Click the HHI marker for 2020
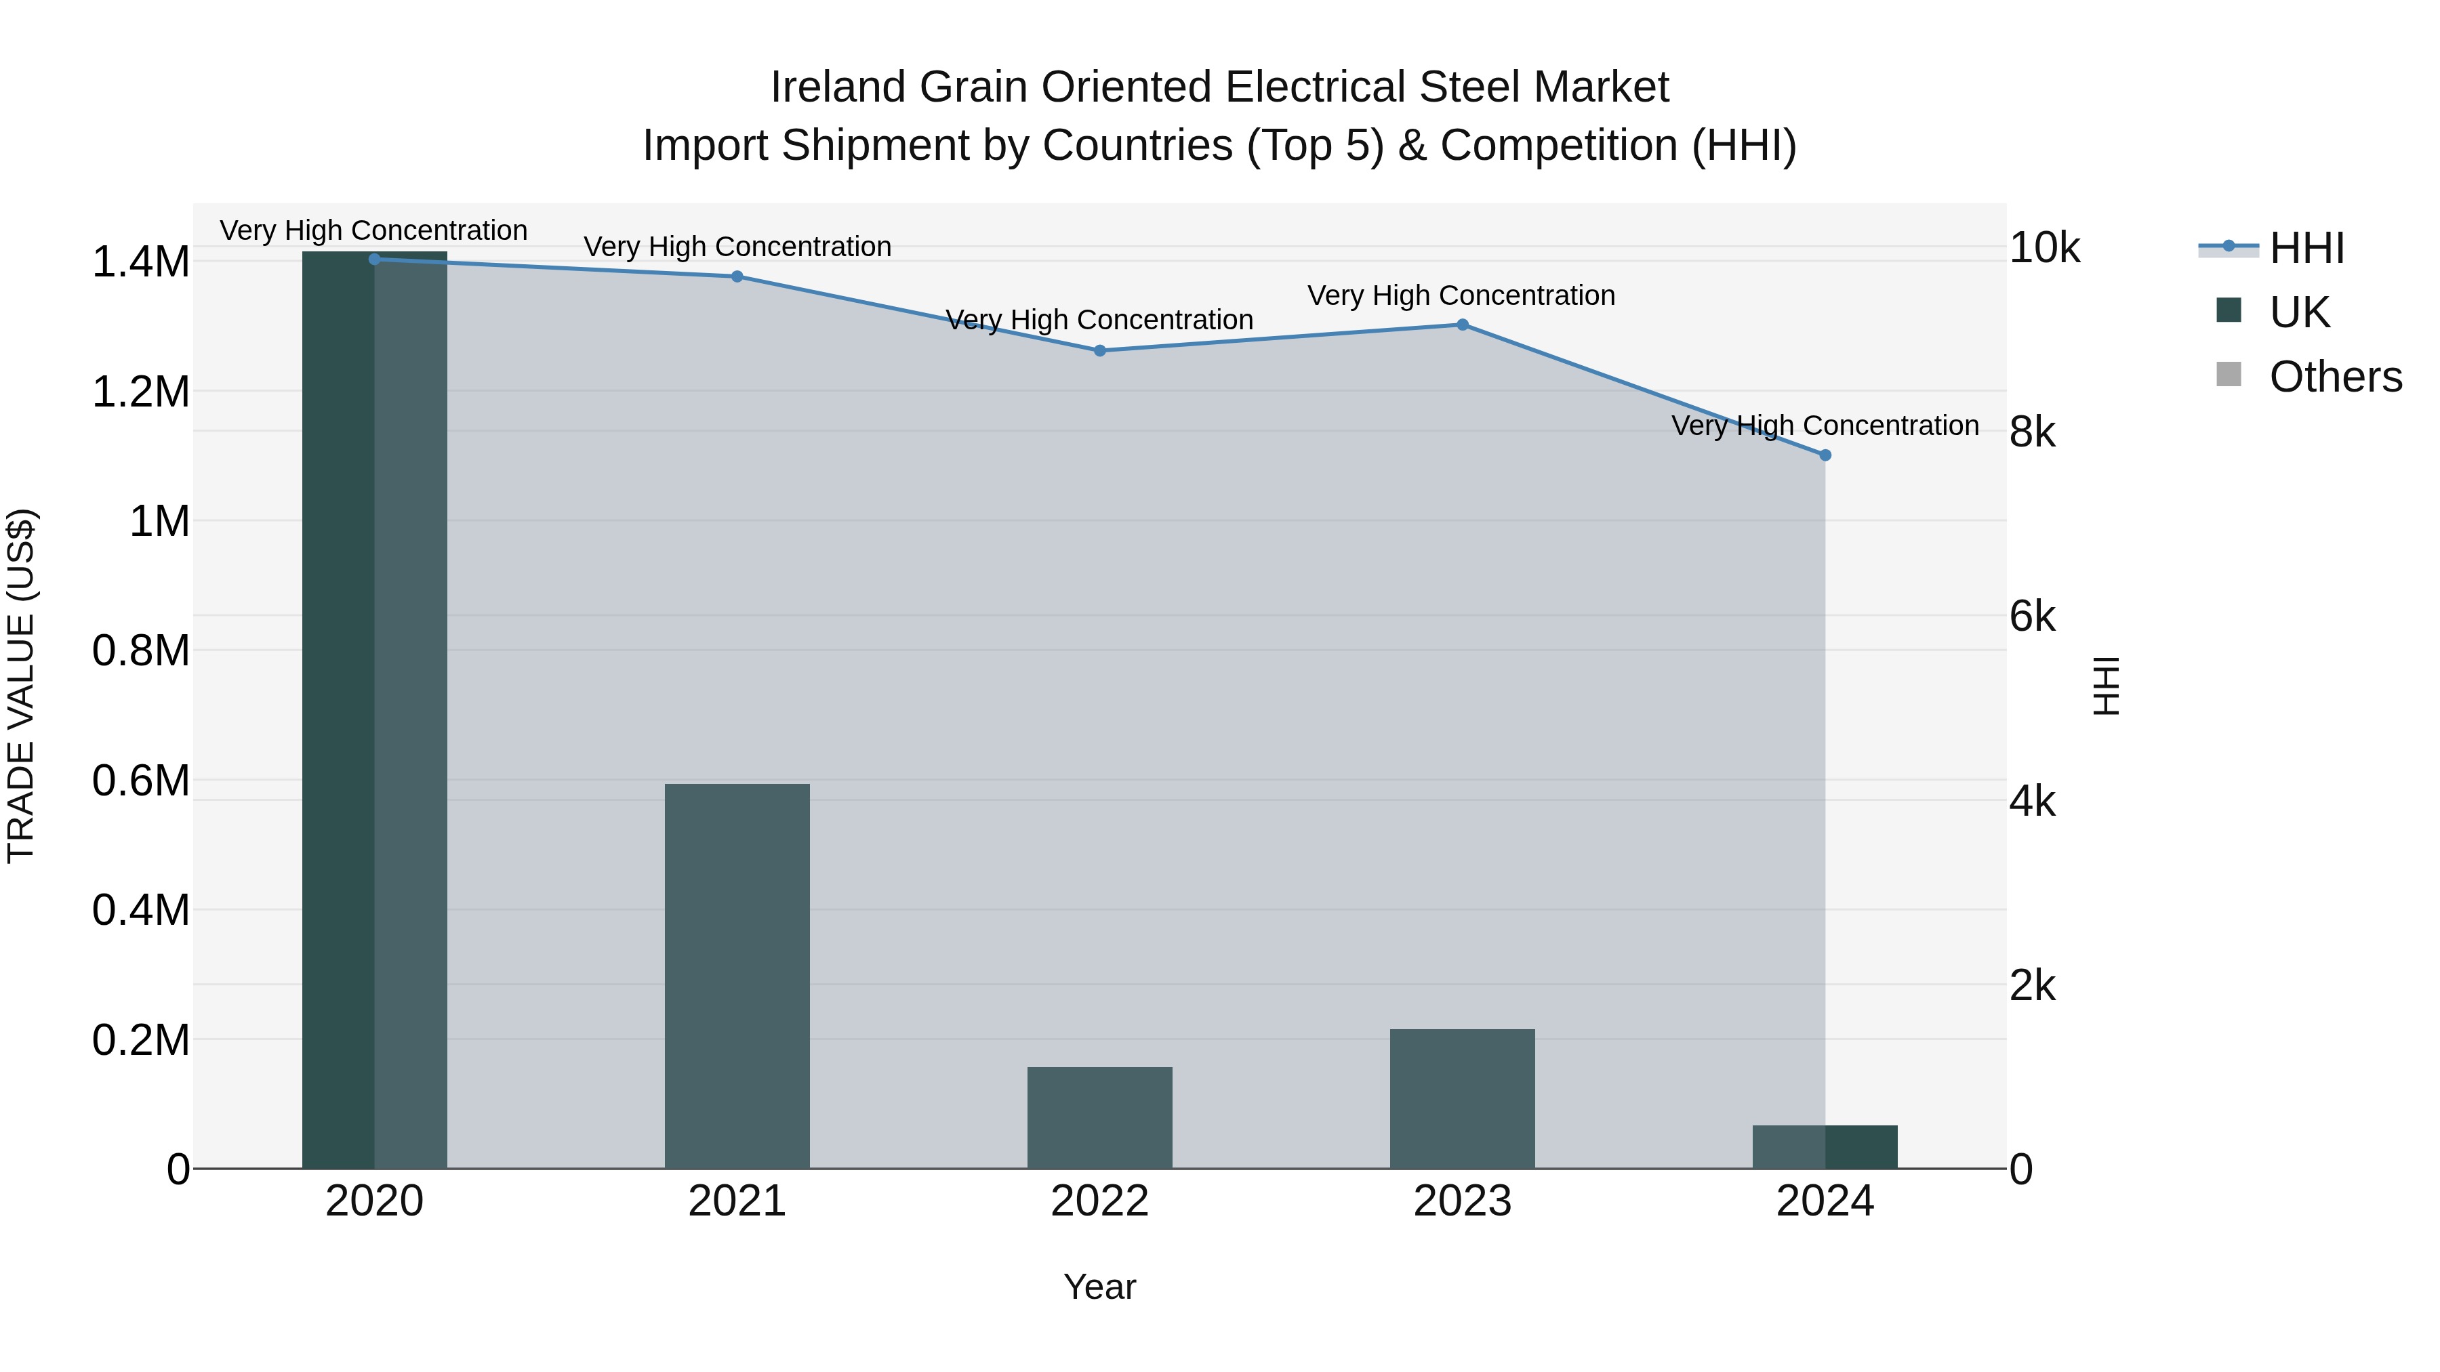coord(374,259)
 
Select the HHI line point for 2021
coord(737,276)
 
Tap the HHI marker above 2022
coord(1100,350)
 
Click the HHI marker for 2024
coord(1825,455)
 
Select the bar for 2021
coord(737,975)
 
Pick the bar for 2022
coord(1100,1117)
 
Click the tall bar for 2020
coord(374,710)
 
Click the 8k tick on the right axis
coord(2033,433)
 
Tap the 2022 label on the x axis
coord(1100,1201)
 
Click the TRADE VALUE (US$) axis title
coord(22,686)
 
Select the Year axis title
coord(1100,1287)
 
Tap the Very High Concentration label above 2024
coord(1825,425)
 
